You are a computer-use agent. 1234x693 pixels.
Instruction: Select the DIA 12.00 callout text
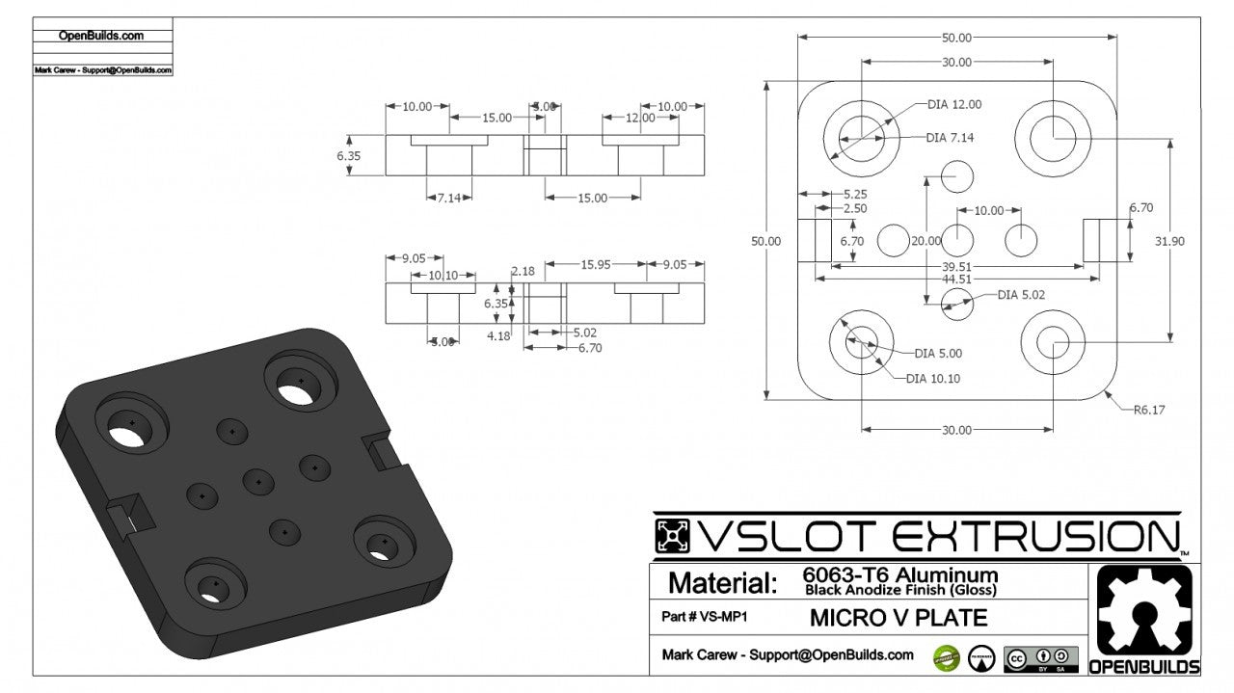click(x=954, y=104)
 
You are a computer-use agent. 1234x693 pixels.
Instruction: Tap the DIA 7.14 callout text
click(x=950, y=138)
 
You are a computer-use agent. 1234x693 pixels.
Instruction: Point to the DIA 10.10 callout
click(x=934, y=379)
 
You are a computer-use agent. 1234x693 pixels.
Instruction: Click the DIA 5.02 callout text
click(x=1021, y=295)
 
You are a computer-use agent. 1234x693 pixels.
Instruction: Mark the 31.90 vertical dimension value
click(x=1169, y=242)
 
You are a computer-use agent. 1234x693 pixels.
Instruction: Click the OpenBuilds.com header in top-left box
click(x=101, y=36)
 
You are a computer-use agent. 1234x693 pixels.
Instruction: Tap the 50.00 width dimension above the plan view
click(x=956, y=38)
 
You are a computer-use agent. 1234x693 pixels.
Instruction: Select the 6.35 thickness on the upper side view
click(x=348, y=155)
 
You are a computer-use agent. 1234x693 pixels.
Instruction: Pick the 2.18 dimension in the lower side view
click(x=523, y=272)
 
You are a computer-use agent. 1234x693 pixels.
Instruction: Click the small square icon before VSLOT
click(x=673, y=537)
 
